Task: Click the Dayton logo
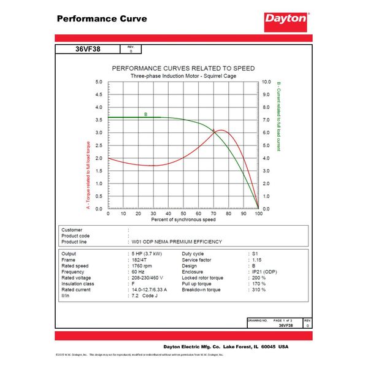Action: [x=285, y=19]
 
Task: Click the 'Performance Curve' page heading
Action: [x=101, y=18]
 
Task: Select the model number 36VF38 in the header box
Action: [x=88, y=50]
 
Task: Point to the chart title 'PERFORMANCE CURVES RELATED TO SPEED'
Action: [x=182, y=68]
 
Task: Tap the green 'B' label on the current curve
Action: [x=145, y=114]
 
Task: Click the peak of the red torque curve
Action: [x=218, y=130]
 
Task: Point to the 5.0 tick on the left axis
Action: [x=99, y=82]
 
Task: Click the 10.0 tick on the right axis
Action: [x=266, y=82]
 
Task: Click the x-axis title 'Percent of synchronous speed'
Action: [x=183, y=220]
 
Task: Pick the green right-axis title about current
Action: [x=278, y=117]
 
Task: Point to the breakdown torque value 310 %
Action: [x=259, y=289]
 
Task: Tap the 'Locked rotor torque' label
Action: [x=202, y=278]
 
